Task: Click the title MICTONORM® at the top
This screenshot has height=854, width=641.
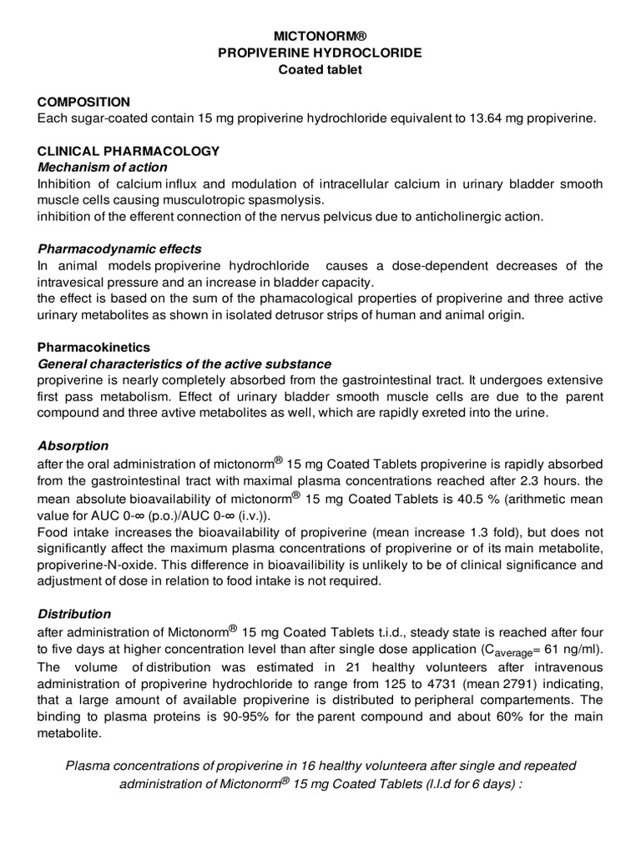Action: pyautogui.click(x=320, y=38)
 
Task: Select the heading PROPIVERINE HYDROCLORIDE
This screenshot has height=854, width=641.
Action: pyautogui.click(x=320, y=53)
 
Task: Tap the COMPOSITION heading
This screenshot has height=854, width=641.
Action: pyautogui.click(x=83, y=102)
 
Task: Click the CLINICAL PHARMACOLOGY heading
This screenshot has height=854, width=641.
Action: pyautogui.click(x=129, y=151)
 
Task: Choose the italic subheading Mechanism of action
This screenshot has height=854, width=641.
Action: pyautogui.click(x=103, y=167)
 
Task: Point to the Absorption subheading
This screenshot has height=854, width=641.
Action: pyautogui.click(x=73, y=445)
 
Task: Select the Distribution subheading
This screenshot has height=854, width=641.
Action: pyautogui.click(x=74, y=613)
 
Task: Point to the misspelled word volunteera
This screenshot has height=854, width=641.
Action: pyautogui.click(x=387, y=766)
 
